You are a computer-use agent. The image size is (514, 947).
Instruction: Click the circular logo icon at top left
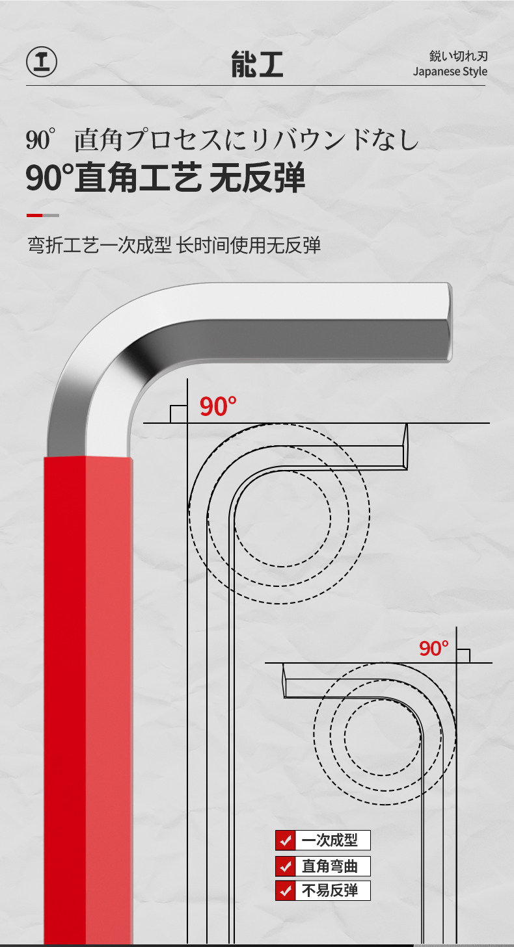pyautogui.click(x=42, y=62)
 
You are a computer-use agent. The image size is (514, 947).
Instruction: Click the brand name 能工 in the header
pyautogui.click(x=257, y=64)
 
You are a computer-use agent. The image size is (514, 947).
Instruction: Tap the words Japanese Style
pyautogui.click(x=450, y=71)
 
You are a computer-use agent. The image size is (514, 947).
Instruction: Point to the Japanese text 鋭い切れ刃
pyautogui.click(x=458, y=56)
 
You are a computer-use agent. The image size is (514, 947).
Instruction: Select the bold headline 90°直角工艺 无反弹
pyautogui.click(x=165, y=177)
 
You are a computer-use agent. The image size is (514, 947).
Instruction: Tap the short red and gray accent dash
pyautogui.click(x=43, y=215)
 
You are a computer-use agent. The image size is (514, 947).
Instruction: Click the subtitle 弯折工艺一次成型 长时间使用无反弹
pyautogui.click(x=174, y=245)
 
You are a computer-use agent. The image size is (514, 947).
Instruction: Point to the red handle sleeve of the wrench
pyautogui.click(x=88, y=695)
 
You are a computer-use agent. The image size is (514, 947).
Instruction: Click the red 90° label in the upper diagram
pyautogui.click(x=217, y=407)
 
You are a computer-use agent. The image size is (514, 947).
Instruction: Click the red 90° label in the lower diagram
pyautogui.click(x=434, y=648)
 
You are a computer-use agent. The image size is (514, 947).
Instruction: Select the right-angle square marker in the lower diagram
pyautogui.click(x=463, y=655)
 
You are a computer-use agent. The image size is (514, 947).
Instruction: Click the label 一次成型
pyautogui.click(x=330, y=840)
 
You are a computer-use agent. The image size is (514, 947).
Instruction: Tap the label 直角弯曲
pyautogui.click(x=330, y=866)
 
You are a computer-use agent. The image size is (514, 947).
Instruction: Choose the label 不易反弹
pyautogui.click(x=330, y=890)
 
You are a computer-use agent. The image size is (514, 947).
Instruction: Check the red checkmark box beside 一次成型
pyautogui.click(x=285, y=840)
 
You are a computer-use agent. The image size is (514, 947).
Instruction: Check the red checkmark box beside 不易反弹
pyautogui.click(x=285, y=890)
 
